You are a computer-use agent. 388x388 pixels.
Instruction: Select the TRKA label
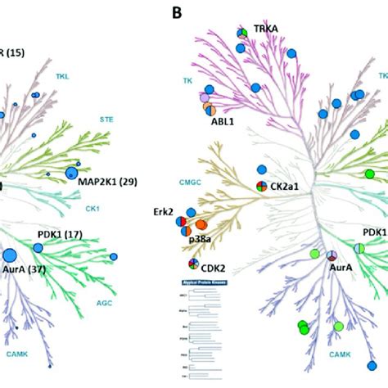pos(266,29)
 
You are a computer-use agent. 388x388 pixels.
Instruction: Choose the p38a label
pos(203,240)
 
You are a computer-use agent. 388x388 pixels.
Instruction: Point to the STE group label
pos(106,119)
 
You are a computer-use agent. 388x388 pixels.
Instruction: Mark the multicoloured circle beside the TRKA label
pos(242,34)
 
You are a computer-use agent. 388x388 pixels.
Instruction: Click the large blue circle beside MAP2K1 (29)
pos(72,173)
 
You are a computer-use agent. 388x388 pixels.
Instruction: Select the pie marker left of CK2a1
pos(261,187)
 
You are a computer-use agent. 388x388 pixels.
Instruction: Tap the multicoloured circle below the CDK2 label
pos(193,264)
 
